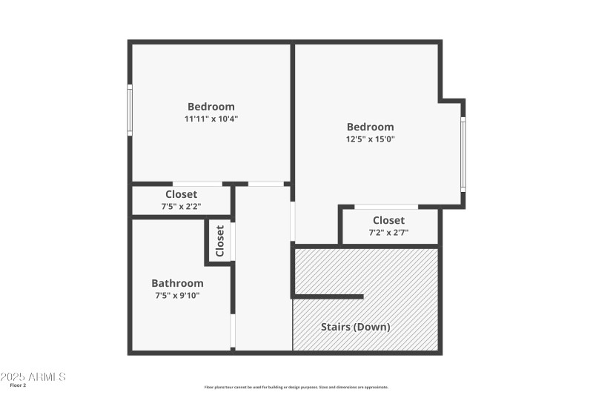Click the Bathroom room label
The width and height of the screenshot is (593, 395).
click(x=177, y=283)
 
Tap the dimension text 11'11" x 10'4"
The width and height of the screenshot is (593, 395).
click(x=211, y=119)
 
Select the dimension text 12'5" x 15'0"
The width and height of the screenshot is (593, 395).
click(x=370, y=139)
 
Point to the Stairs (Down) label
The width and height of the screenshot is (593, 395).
click(x=355, y=326)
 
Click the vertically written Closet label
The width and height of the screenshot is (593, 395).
click(x=220, y=242)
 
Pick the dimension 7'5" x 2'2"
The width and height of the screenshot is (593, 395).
click(x=181, y=207)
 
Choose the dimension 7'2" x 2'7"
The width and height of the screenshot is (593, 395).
click(x=388, y=232)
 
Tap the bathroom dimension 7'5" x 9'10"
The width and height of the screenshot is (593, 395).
click(x=177, y=295)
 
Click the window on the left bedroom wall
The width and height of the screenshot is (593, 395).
click(x=130, y=110)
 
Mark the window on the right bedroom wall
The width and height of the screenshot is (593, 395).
click(x=463, y=153)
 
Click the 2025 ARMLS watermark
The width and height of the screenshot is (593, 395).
click(x=33, y=376)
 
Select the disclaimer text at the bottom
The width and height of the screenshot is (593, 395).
click(x=296, y=387)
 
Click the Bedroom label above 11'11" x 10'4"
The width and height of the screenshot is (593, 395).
click(x=211, y=107)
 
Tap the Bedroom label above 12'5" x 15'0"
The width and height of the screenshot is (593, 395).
click(x=370, y=127)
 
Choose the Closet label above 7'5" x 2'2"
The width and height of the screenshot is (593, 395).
click(x=181, y=195)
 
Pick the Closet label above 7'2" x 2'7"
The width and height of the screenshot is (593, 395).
click(x=388, y=220)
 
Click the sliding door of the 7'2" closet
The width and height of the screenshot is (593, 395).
click(x=386, y=207)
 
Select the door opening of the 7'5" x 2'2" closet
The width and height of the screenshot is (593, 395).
click(x=197, y=183)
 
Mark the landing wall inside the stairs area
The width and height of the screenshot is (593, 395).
click(x=328, y=296)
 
